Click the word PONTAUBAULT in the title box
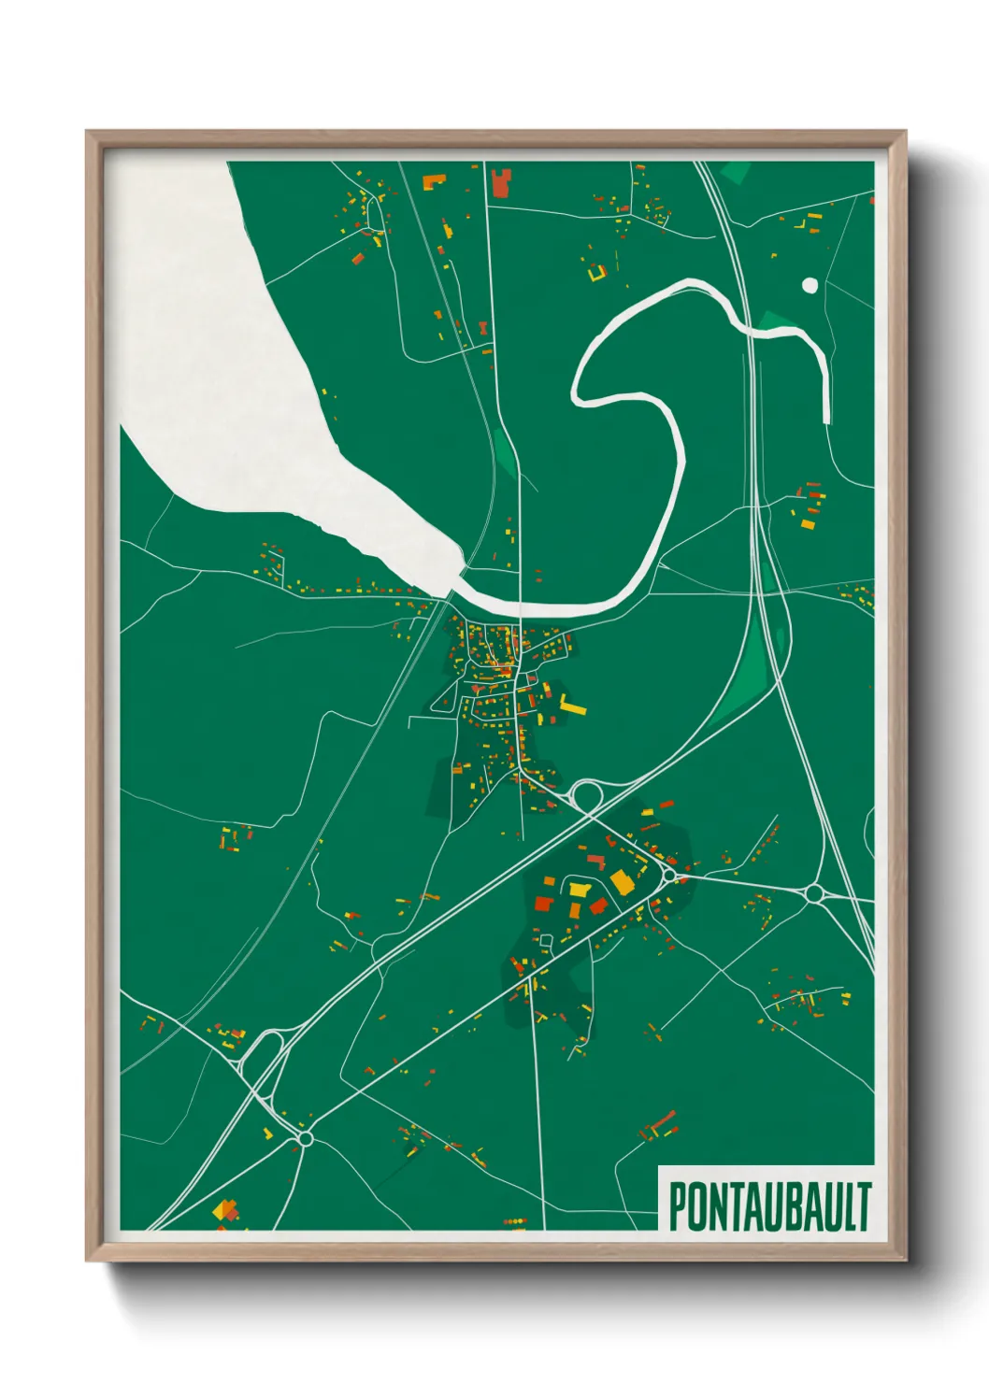(769, 1206)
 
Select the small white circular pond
(810, 285)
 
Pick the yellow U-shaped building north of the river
(596, 273)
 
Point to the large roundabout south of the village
(587, 797)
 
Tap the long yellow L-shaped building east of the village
(571, 706)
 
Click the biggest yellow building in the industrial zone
(622, 881)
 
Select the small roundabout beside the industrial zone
(669, 876)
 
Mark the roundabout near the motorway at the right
(813, 893)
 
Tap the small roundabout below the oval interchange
(305, 1137)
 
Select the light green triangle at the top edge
(737, 173)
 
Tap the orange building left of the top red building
(434, 181)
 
